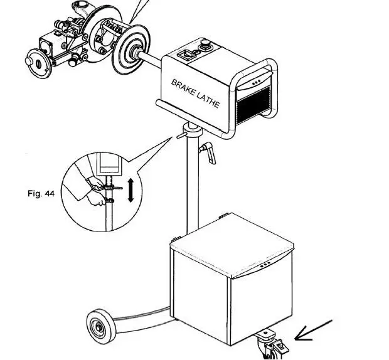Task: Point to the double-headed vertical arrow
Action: point(131,189)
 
